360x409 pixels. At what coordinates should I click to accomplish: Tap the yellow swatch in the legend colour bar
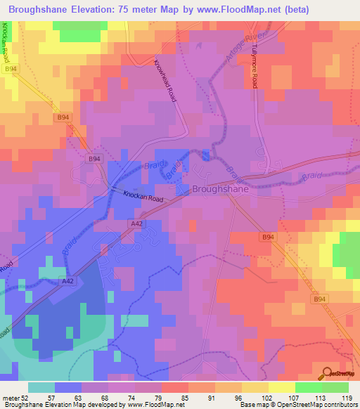(281, 387)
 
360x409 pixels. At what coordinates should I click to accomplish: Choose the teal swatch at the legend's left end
(41, 387)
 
